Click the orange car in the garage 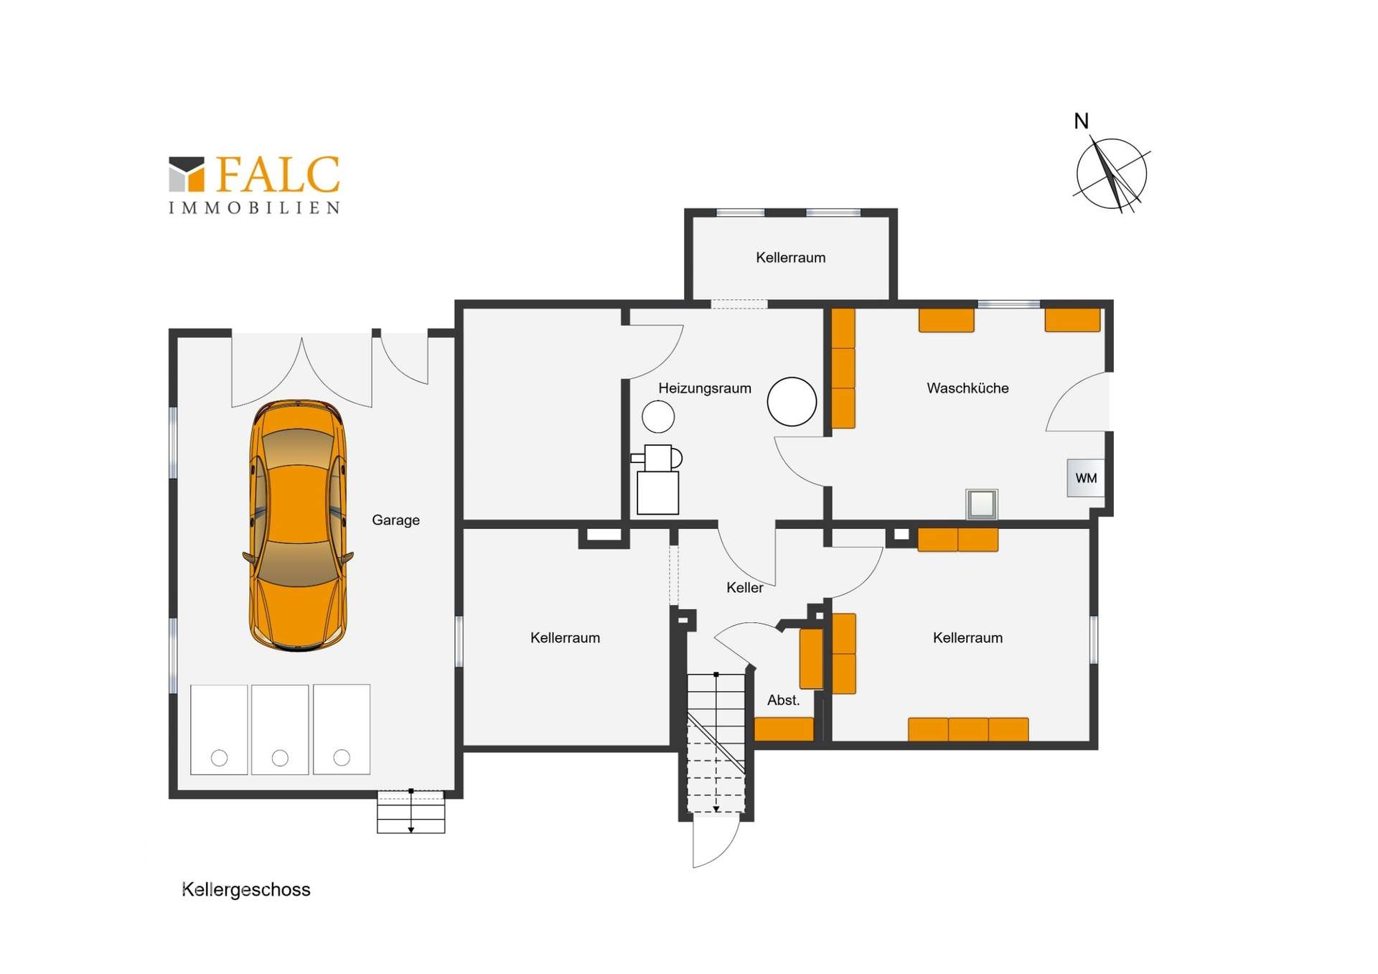298,525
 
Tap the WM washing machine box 1085,478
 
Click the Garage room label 395,520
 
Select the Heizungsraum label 704,388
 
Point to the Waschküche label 967,388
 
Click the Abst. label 783,700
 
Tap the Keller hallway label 744,587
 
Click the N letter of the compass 1081,121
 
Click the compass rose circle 1111,174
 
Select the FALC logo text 277,175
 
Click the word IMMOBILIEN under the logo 254,208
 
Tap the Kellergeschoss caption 245,889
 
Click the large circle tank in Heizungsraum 792,401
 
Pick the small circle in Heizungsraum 657,416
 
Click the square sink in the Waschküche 981,504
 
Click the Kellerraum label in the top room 790,257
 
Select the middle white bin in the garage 280,729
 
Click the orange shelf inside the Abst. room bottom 784,729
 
